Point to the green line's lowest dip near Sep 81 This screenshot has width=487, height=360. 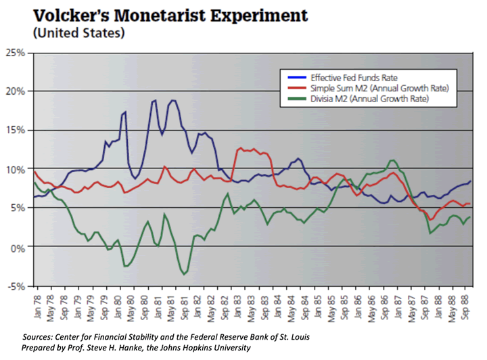[x=184, y=274]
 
